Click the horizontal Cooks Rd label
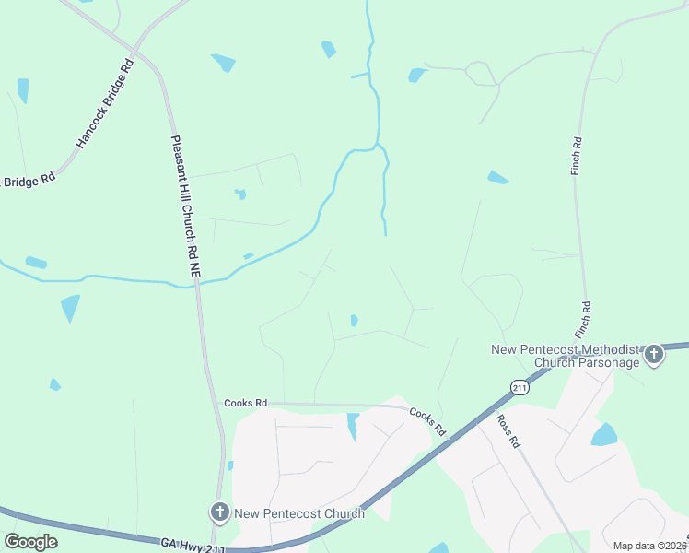(x=245, y=403)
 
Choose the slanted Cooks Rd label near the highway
(x=426, y=422)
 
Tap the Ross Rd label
(x=508, y=430)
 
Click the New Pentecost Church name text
(x=299, y=513)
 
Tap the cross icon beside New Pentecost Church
(x=219, y=512)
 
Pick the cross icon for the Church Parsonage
(x=653, y=354)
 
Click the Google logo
(x=30, y=542)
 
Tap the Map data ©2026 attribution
(x=649, y=546)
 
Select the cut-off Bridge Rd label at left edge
(x=29, y=182)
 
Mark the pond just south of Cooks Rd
(x=352, y=426)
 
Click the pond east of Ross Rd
(x=604, y=434)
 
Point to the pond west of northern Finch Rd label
(x=497, y=177)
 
